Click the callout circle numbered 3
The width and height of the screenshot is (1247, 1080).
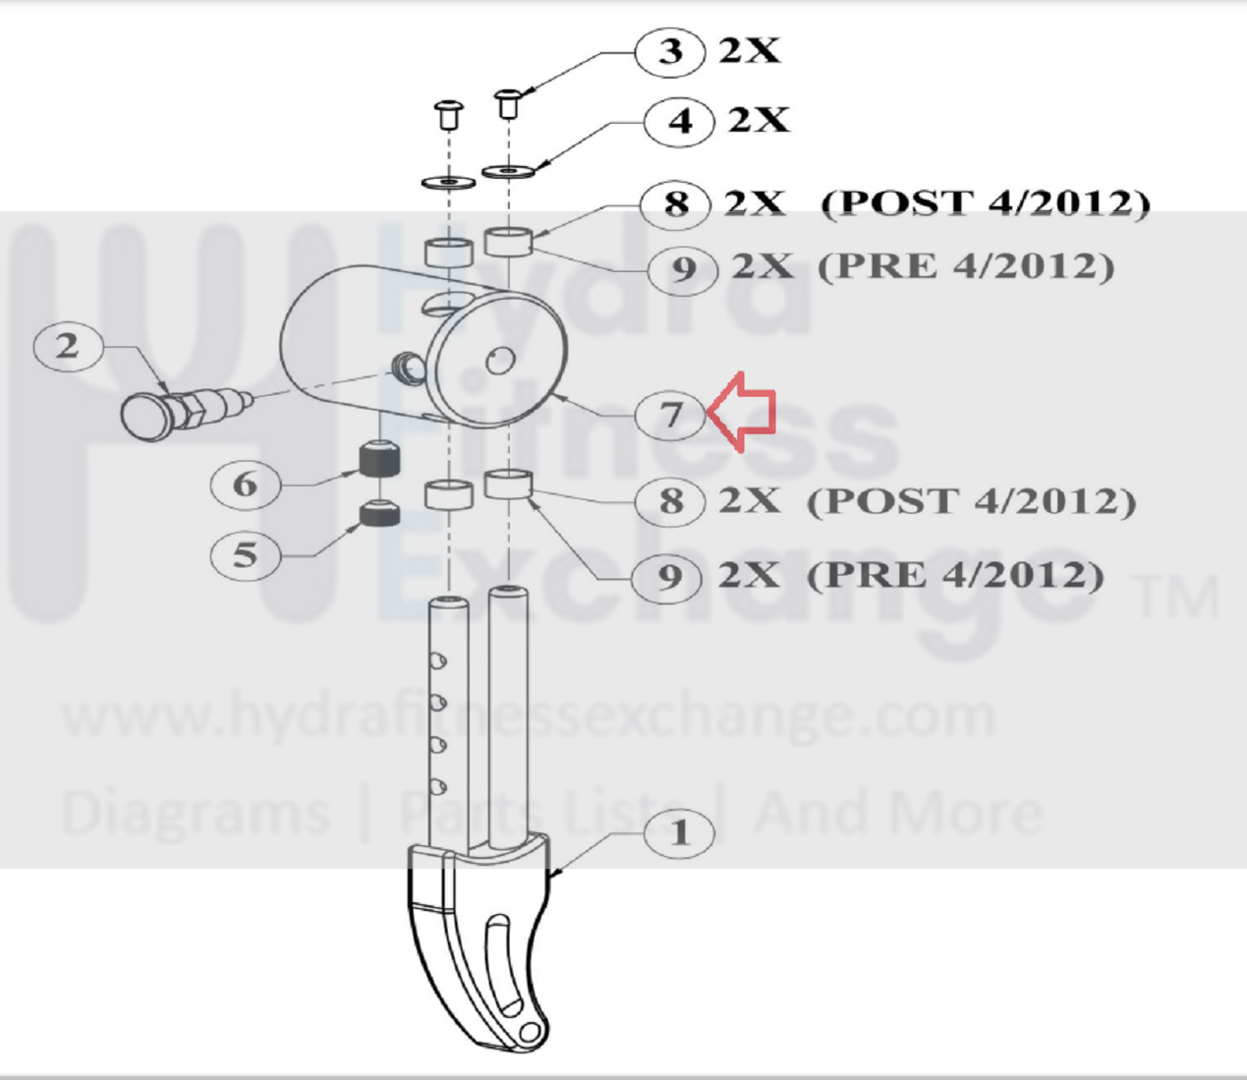(x=669, y=52)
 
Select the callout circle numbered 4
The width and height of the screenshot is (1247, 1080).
(x=679, y=122)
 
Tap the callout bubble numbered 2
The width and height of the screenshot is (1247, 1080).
(x=68, y=346)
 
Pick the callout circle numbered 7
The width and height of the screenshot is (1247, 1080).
(x=669, y=415)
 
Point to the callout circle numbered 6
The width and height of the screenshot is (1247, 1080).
(x=245, y=484)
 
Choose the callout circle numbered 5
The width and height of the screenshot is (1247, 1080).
(x=245, y=555)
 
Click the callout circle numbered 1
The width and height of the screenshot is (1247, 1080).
(x=679, y=833)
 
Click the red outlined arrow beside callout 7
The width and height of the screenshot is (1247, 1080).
(x=742, y=412)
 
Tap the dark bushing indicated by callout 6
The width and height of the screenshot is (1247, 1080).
(x=379, y=459)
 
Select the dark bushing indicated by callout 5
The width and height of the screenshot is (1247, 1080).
(x=379, y=513)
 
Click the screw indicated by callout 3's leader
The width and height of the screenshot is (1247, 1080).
(x=508, y=103)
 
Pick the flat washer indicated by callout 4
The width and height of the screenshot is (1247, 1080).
(x=509, y=171)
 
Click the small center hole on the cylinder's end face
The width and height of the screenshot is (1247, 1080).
(x=501, y=361)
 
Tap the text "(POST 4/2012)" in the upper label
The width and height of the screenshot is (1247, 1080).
(x=986, y=204)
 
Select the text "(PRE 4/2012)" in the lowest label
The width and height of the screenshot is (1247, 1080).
(x=955, y=575)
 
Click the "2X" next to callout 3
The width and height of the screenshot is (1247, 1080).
(x=750, y=51)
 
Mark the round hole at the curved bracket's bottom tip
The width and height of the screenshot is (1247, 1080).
(x=529, y=1032)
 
